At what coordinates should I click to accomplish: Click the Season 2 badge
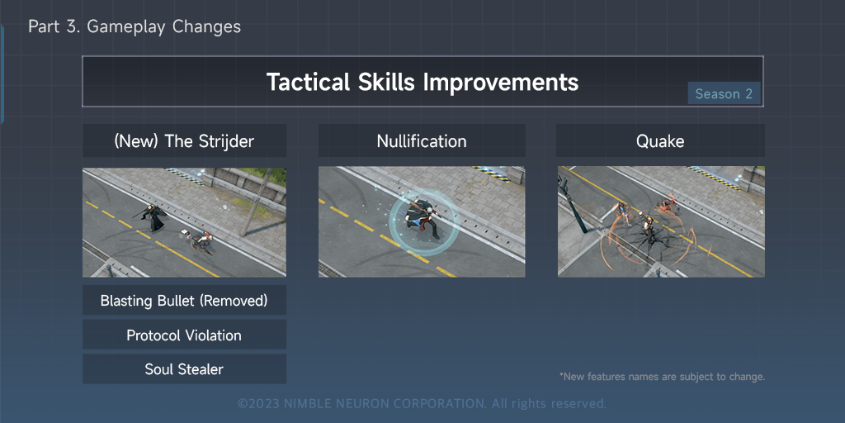tap(724, 93)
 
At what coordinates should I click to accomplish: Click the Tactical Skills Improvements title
tap(422, 82)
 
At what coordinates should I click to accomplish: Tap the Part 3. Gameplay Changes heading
tap(135, 26)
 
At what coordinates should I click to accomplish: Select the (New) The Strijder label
tap(184, 140)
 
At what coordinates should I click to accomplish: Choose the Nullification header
tap(422, 140)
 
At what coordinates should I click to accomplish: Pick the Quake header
tap(660, 140)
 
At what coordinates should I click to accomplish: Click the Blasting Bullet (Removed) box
tap(184, 300)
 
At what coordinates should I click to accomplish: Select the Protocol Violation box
tap(184, 335)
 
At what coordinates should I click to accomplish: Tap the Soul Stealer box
tap(184, 369)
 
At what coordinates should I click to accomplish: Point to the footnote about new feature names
tap(662, 377)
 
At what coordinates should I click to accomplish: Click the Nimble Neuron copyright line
tap(422, 403)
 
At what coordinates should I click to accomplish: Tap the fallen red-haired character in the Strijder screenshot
tap(200, 241)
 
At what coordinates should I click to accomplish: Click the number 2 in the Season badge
tap(748, 94)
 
